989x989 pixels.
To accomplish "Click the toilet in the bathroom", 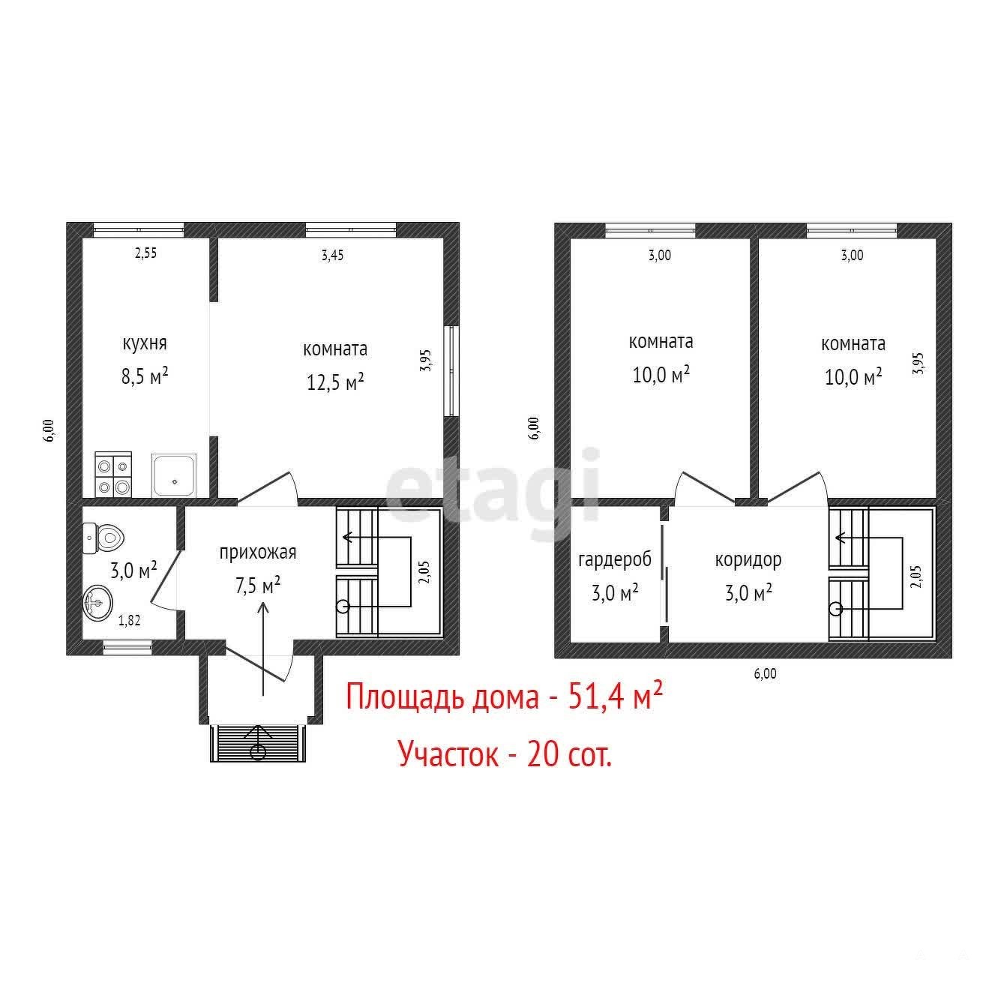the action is [x=103, y=538].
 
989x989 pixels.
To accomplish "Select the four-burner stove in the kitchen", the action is [x=113, y=475].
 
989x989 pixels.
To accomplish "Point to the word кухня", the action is [x=145, y=343].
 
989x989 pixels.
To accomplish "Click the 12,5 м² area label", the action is [x=336, y=382].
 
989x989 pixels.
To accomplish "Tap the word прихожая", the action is [x=258, y=553].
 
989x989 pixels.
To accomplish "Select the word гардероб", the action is [x=615, y=559].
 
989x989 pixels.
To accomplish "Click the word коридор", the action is [x=748, y=559].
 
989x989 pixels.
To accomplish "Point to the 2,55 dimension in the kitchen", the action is [x=145, y=253].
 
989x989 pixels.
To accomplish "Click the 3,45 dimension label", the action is [x=333, y=255].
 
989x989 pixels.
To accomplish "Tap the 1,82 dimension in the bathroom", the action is [x=129, y=621].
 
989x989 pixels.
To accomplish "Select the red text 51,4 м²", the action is [x=616, y=697].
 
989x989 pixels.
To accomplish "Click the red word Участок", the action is [x=448, y=754].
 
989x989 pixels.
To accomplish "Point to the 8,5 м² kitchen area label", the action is [x=145, y=376].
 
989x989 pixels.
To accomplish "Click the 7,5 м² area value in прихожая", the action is [x=258, y=585].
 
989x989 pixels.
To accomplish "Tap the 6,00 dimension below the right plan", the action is [x=766, y=673].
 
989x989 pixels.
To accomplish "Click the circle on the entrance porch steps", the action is [x=258, y=752].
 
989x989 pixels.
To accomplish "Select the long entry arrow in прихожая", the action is [x=264, y=649].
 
